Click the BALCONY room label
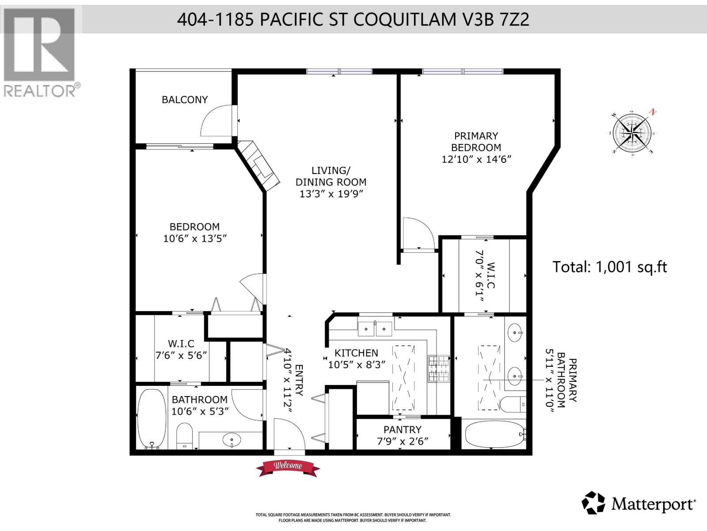coord(185,100)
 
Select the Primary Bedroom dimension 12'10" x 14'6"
coord(476,159)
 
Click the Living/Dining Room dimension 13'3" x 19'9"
coord(331,193)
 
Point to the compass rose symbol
coord(633,132)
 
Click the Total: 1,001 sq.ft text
coord(610,267)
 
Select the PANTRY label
coord(402,430)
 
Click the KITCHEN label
coord(356,353)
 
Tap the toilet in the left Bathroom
coord(184,435)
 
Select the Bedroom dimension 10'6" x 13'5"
coord(195,239)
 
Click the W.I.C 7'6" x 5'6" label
coord(181,350)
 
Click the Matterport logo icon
coord(593,503)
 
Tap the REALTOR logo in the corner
coord(40,51)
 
